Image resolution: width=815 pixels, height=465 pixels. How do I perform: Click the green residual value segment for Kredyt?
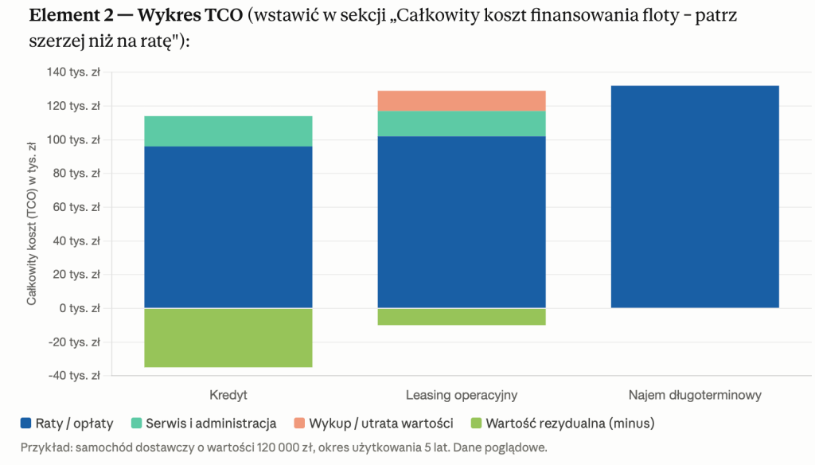click(x=228, y=338)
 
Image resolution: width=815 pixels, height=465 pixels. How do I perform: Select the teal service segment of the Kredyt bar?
click(x=228, y=131)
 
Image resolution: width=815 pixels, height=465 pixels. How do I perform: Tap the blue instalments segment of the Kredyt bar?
click(x=228, y=227)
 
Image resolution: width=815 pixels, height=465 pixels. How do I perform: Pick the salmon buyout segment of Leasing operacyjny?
click(x=462, y=101)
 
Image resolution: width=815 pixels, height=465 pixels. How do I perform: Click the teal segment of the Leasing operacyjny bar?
click(x=462, y=123)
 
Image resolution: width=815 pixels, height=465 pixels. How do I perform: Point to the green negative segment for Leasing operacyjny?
click(x=462, y=317)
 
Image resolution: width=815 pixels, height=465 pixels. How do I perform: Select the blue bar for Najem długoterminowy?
click(x=695, y=197)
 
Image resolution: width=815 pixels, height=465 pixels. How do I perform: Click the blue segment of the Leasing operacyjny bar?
click(x=462, y=222)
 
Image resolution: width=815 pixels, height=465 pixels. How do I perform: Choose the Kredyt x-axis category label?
click(x=228, y=395)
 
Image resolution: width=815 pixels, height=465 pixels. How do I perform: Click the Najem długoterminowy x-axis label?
click(x=695, y=395)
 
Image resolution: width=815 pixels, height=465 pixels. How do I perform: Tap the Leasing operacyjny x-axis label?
click(x=462, y=395)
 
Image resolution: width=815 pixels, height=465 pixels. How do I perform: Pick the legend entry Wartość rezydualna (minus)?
click(x=563, y=423)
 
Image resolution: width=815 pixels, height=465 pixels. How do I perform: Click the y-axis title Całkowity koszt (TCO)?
click(x=32, y=224)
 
